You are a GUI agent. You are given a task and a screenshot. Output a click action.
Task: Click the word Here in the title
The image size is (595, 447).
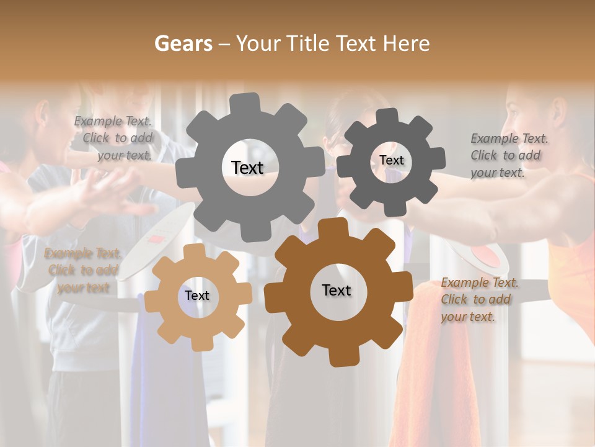click(407, 43)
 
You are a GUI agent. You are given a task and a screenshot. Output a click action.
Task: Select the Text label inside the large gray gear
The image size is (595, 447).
click(247, 168)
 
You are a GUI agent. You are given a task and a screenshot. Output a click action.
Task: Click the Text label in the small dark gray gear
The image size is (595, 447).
click(391, 160)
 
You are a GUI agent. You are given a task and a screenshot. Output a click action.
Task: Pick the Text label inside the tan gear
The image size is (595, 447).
click(197, 296)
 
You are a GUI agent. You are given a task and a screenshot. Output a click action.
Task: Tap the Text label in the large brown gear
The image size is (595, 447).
click(337, 291)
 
